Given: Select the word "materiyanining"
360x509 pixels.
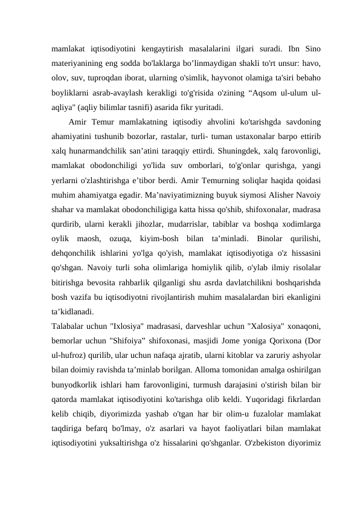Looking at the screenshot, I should (x=78, y=63).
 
